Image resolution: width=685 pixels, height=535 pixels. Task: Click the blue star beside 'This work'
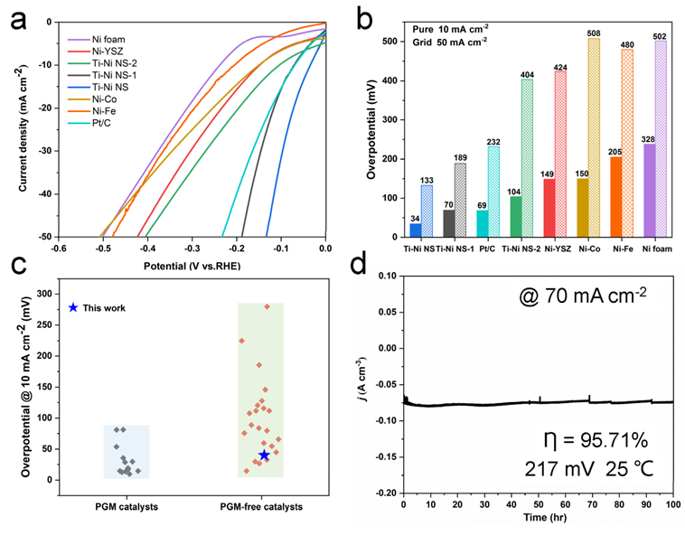coord(72,307)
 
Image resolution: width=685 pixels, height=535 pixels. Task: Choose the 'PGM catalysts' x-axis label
coord(126,506)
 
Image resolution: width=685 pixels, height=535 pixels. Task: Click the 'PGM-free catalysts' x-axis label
coord(262,506)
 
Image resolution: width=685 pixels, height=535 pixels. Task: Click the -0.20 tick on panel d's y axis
coord(384,493)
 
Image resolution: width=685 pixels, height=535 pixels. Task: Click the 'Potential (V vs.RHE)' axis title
coord(192,267)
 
